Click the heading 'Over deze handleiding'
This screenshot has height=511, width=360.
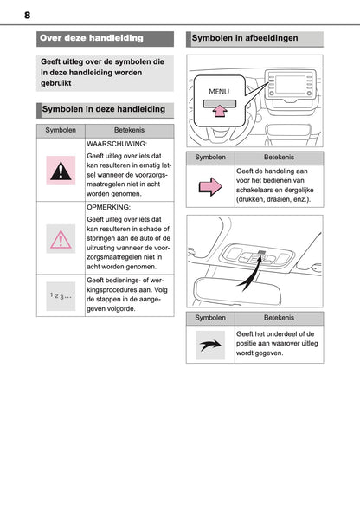pos(91,38)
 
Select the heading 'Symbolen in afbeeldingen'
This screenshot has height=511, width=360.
pos(245,38)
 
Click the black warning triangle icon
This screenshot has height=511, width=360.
pos(61,169)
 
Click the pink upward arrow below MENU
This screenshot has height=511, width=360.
pos(222,109)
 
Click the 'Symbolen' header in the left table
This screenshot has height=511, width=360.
pos(61,128)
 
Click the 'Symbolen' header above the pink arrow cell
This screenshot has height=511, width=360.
pos(210,158)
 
